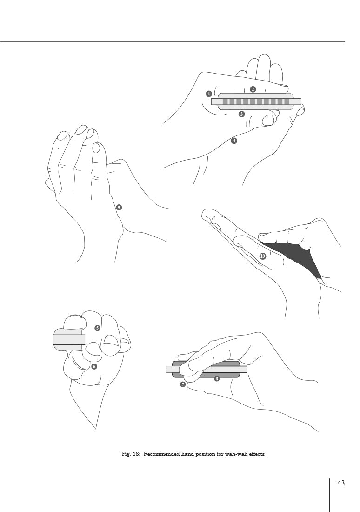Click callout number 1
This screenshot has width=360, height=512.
(x=209, y=94)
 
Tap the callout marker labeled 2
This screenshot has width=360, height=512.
(x=253, y=89)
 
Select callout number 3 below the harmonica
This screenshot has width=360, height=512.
(x=241, y=114)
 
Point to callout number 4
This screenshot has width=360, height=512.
(x=233, y=141)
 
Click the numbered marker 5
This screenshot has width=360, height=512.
(x=97, y=328)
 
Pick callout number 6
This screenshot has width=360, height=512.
(x=94, y=366)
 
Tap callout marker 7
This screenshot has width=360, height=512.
(x=183, y=384)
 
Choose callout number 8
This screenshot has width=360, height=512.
(x=217, y=379)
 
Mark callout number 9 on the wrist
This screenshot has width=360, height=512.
(x=119, y=207)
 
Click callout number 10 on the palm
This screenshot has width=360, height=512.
(x=263, y=256)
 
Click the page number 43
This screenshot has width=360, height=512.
(x=341, y=483)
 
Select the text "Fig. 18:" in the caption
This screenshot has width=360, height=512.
(x=131, y=454)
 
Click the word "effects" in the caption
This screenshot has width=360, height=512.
(x=257, y=454)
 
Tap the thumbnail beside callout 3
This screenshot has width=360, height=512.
(x=268, y=120)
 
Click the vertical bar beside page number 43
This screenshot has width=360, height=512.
(x=329, y=495)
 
